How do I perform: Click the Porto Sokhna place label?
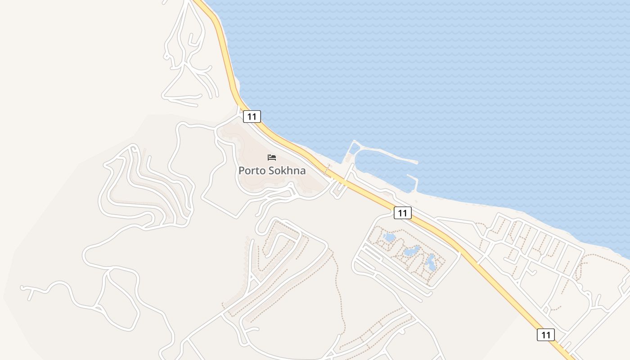pyautogui.click(x=272, y=171)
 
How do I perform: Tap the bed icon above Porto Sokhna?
pyautogui.click(x=272, y=157)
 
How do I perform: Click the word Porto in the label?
pyautogui.click(x=252, y=171)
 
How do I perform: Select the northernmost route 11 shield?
pyautogui.click(x=252, y=117)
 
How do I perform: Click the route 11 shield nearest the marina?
pyautogui.click(x=402, y=213)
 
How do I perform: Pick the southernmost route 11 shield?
pyautogui.click(x=545, y=335)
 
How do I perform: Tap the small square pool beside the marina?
pyautogui.click(x=355, y=148)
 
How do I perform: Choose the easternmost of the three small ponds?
pyautogui.click(x=431, y=262)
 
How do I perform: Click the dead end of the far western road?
pyautogui.click(x=22, y=287)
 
